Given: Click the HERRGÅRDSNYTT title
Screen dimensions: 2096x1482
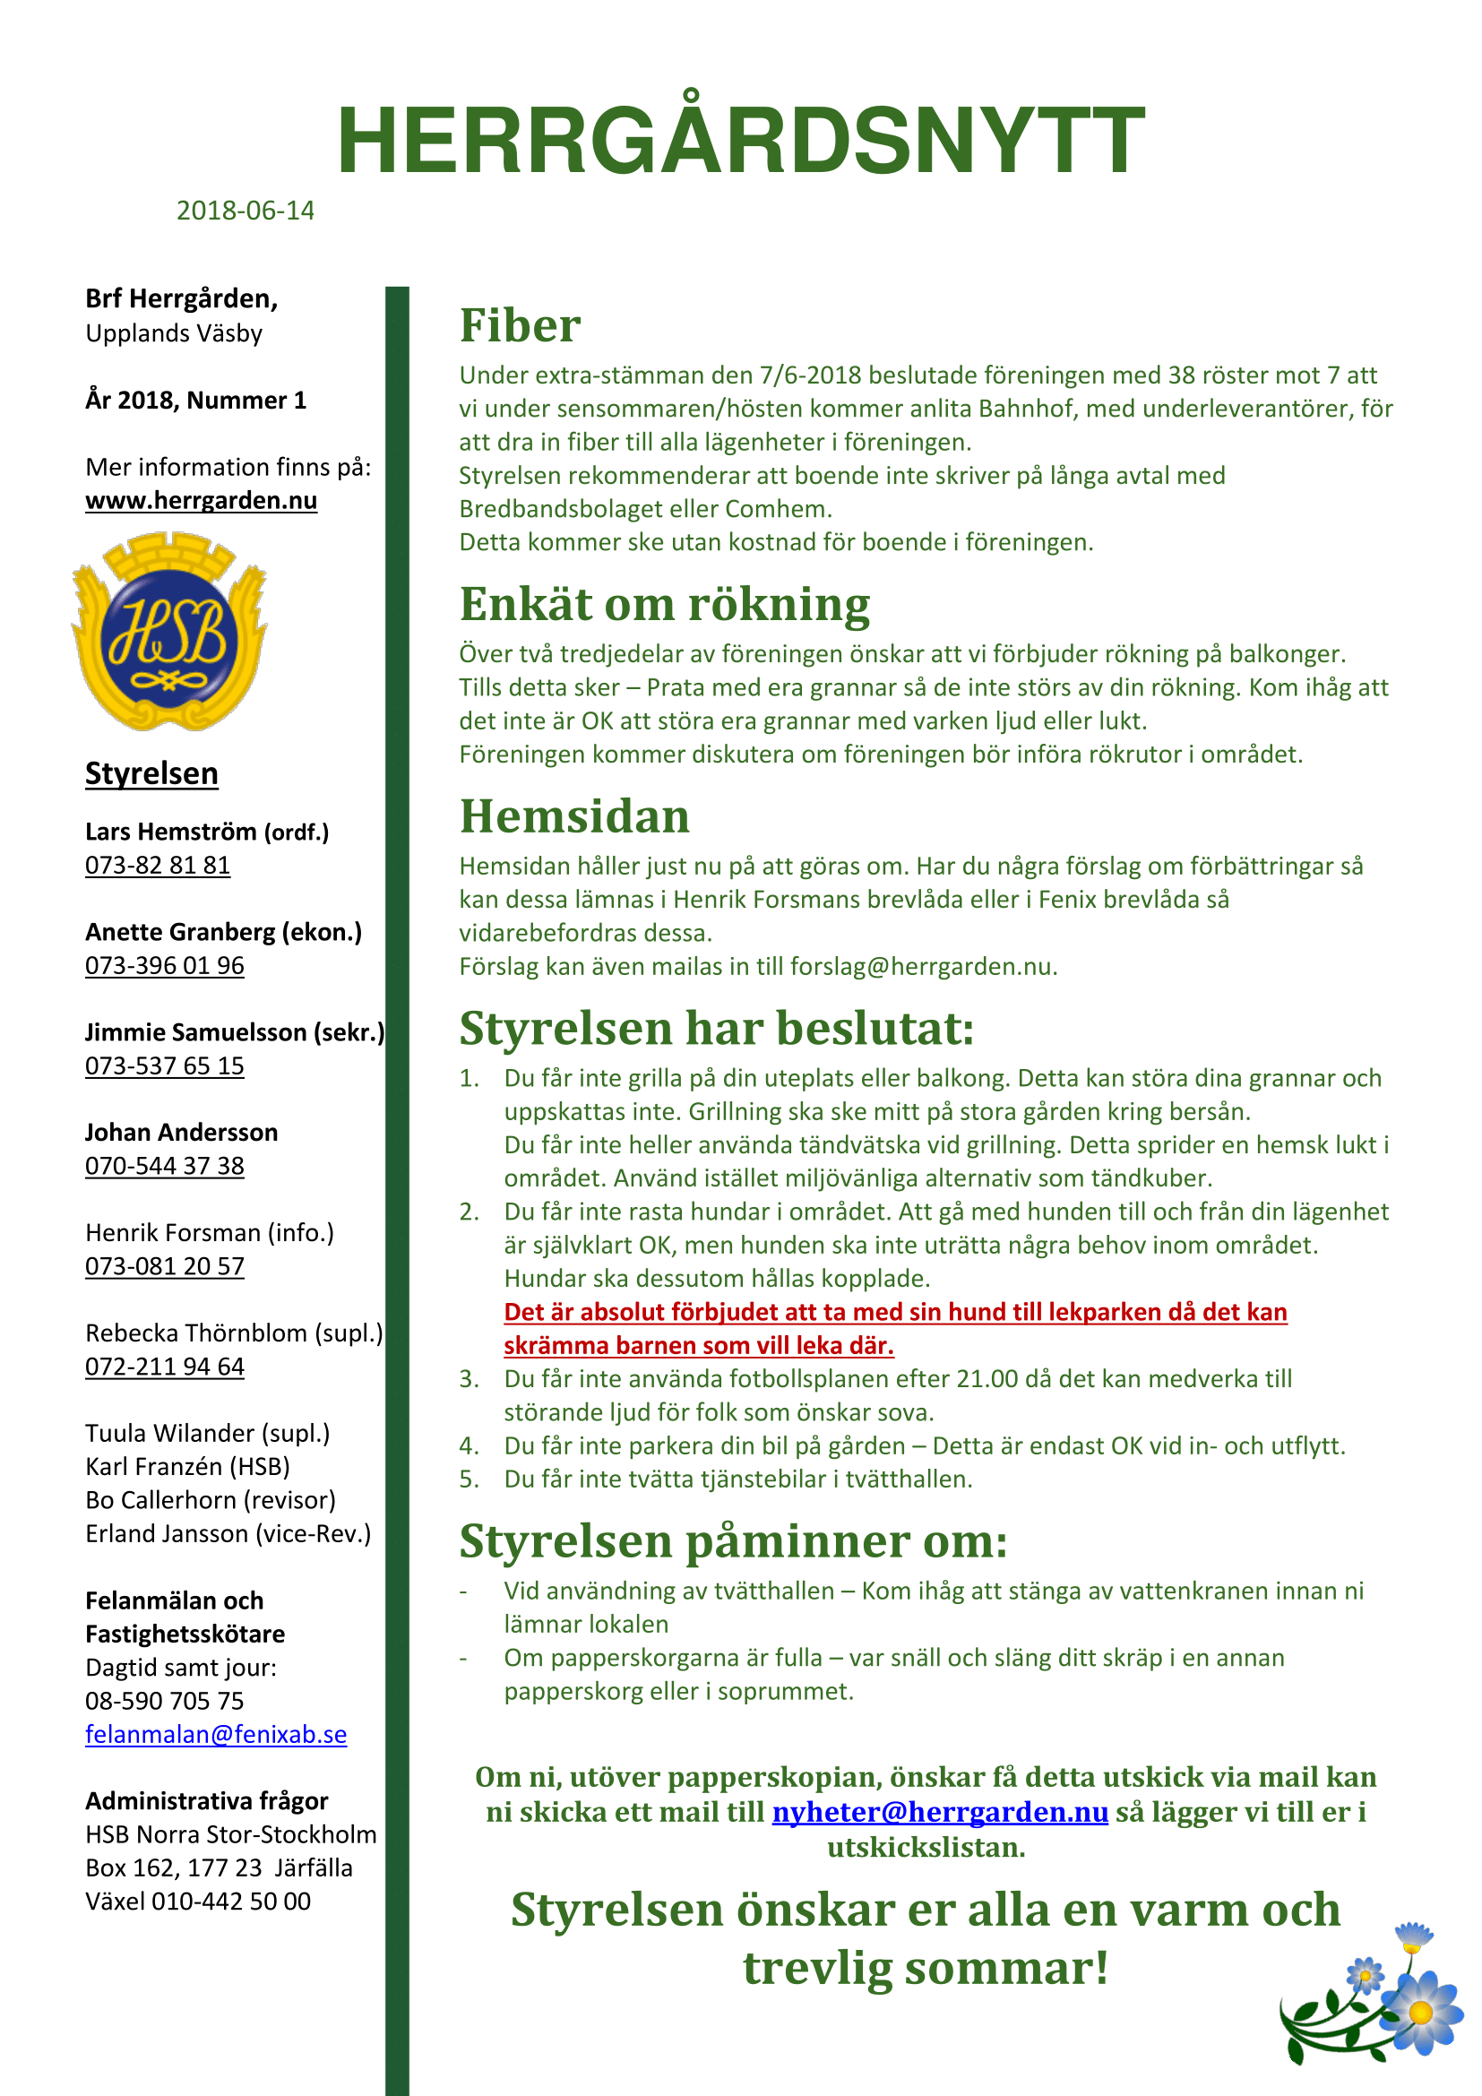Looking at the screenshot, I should [740, 142].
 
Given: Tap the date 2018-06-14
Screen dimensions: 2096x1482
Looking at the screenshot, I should [245, 211].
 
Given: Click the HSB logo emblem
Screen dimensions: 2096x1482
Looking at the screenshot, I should [169, 632].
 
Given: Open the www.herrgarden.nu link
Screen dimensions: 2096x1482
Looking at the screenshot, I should [201, 500].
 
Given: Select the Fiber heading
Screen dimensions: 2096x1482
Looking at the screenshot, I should [520, 326].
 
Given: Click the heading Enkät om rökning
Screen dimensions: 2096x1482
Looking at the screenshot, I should [664, 604].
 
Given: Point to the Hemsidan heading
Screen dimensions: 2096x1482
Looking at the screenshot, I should [574, 816].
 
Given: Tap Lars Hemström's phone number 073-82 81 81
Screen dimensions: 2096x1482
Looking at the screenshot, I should [157, 866].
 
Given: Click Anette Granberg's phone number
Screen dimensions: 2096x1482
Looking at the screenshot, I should [164, 966].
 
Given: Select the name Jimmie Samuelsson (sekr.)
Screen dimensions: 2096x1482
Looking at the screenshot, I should [235, 1032].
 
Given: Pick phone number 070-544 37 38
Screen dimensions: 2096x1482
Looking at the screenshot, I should [164, 1167].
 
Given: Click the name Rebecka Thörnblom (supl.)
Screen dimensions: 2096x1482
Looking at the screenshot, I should [234, 1333].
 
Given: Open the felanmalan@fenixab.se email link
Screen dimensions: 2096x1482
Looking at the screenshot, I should [215, 1735].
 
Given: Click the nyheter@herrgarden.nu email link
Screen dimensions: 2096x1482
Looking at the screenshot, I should [939, 1812].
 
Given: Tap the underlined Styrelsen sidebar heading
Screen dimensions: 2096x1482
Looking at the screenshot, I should [151, 774].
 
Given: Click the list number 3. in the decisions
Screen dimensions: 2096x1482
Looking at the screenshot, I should [469, 1378].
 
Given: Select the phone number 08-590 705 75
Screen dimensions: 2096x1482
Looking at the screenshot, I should [164, 1702].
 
